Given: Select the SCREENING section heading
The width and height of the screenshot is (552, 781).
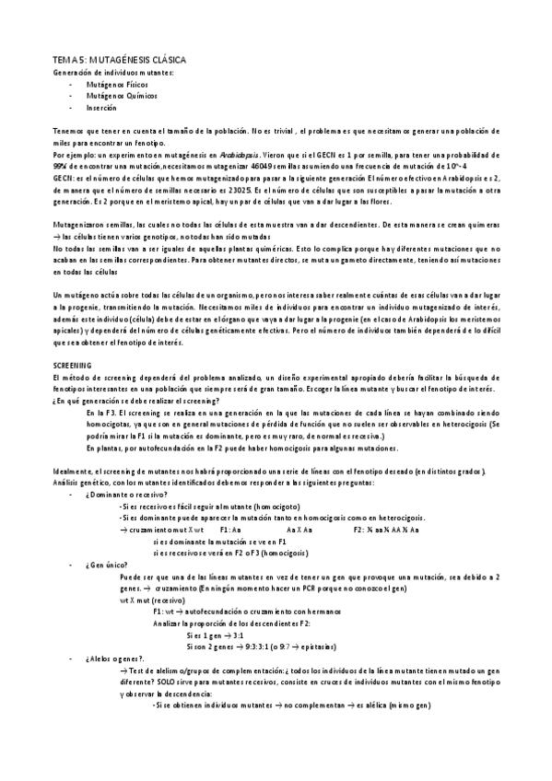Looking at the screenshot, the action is pos(72,367).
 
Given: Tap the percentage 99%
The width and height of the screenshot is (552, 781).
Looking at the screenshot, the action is pos(64,166).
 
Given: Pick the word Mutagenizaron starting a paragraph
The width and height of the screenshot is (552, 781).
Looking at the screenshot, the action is pos(80,225).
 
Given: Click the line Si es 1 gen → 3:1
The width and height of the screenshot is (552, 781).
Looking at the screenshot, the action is pos(215,635).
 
